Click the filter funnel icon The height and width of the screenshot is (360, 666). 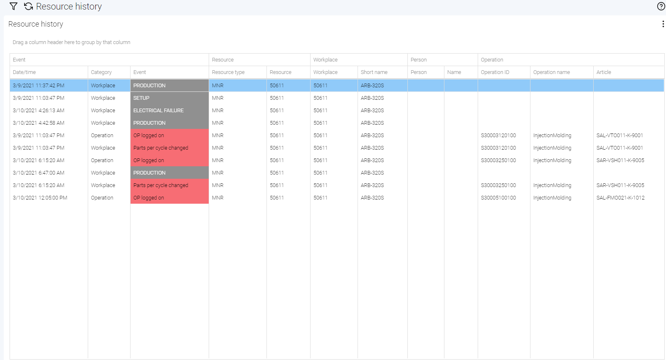[x=13, y=6]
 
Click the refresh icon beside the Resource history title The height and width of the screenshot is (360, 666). [x=28, y=6]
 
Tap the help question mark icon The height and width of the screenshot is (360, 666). [x=661, y=6]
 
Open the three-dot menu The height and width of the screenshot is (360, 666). [x=663, y=24]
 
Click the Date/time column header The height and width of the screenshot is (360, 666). [x=25, y=72]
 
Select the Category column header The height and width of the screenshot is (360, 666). [x=101, y=72]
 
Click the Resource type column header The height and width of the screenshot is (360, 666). [x=228, y=72]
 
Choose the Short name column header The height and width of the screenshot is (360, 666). [x=374, y=72]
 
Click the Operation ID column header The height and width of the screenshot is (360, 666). [x=495, y=72]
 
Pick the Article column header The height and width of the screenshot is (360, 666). [x=604, y=72]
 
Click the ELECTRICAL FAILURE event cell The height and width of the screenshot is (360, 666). [x=158, y=111]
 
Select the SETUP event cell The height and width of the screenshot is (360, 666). [x=141, y=98]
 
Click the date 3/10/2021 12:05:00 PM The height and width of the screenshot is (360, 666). [x=40, y=198]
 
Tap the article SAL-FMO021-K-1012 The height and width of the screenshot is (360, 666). [x=620, y=198]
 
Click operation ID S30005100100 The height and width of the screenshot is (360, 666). [x=498, y=198]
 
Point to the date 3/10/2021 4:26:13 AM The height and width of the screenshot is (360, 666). [x=39, y=111]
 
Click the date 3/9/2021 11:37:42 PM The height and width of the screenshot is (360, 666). [x=39, y=86]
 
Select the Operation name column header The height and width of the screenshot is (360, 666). [x=552, y=72]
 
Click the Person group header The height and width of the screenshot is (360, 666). [x=419, y=60]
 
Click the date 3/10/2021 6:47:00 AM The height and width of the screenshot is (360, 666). [x=39, y=173]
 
